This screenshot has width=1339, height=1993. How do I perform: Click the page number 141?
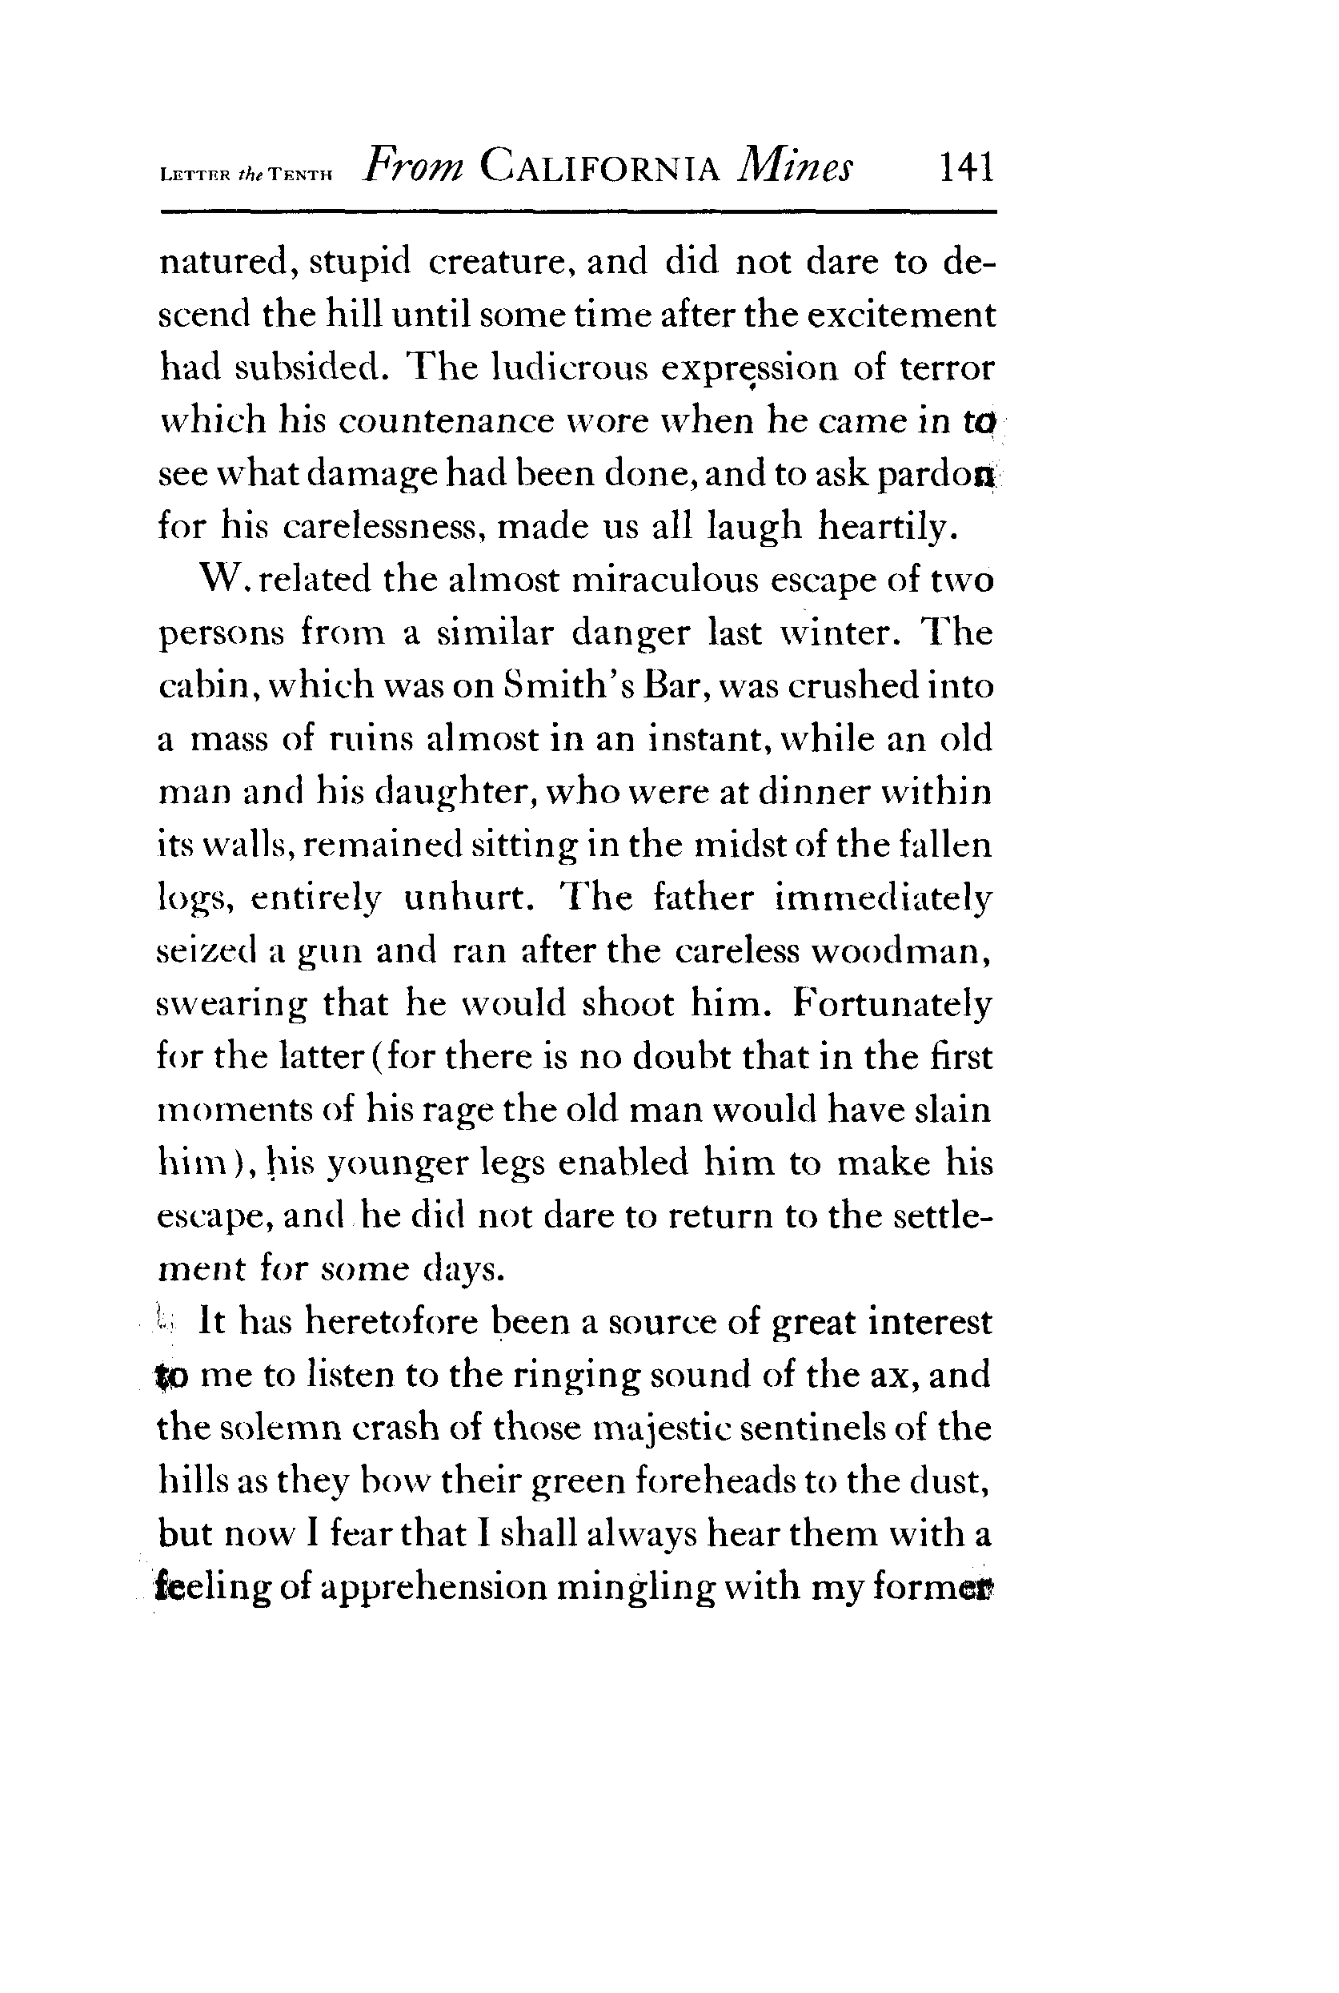[x=967, y=167]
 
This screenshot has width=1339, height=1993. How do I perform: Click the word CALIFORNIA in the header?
[x=600, y=167]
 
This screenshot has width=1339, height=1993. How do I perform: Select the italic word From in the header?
[x=413, y=165]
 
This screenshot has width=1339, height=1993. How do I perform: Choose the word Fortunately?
[x=892, y=1004]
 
